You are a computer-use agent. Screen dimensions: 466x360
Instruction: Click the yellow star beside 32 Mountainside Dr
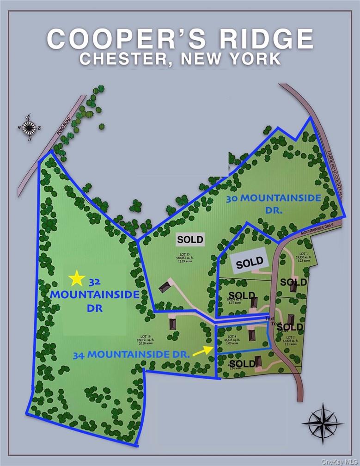(77, 278)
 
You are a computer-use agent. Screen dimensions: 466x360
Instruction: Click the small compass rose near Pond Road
(29, 126)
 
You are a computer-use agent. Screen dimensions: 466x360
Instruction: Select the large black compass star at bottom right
(322, 422)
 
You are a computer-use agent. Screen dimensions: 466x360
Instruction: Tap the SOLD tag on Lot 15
(190, 239)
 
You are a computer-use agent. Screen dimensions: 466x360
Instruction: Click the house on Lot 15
(164, 288)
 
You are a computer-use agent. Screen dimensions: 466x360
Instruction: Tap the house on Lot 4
(251, 335)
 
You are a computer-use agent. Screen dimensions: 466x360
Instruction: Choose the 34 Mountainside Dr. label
(132, 355)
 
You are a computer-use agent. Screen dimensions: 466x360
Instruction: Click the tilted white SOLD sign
(250, 263)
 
